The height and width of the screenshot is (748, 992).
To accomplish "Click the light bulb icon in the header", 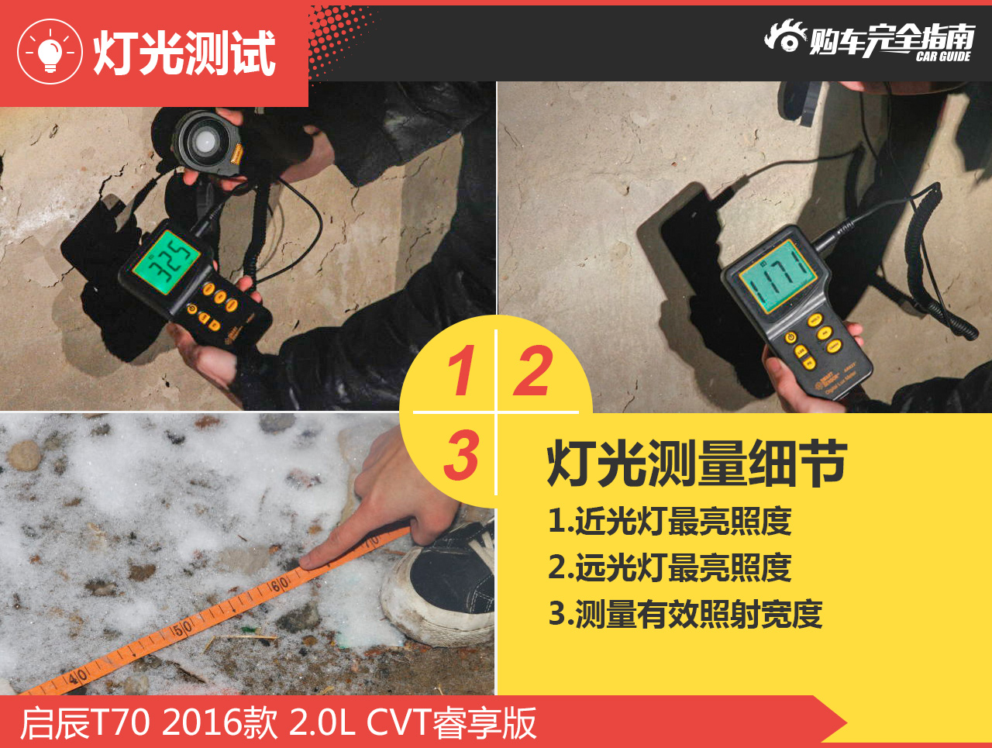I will tap(50, 52).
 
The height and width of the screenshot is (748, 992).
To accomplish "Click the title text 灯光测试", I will tap(184, 53).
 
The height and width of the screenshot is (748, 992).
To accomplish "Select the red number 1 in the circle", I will tap(461, 371).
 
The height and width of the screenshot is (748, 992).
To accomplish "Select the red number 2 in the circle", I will tap(534, 371).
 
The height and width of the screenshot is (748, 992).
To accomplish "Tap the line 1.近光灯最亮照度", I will tap(670, 521).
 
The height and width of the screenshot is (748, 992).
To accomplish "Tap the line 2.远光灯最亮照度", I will tap(670, 567).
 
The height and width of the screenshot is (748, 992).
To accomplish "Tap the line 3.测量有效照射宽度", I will tap(685, 614).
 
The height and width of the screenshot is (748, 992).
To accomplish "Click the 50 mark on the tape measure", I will tap(182, 629).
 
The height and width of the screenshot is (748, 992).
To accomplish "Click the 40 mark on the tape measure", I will tap(77, 677).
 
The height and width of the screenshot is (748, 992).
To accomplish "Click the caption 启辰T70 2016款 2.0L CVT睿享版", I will tap(277, 723).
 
